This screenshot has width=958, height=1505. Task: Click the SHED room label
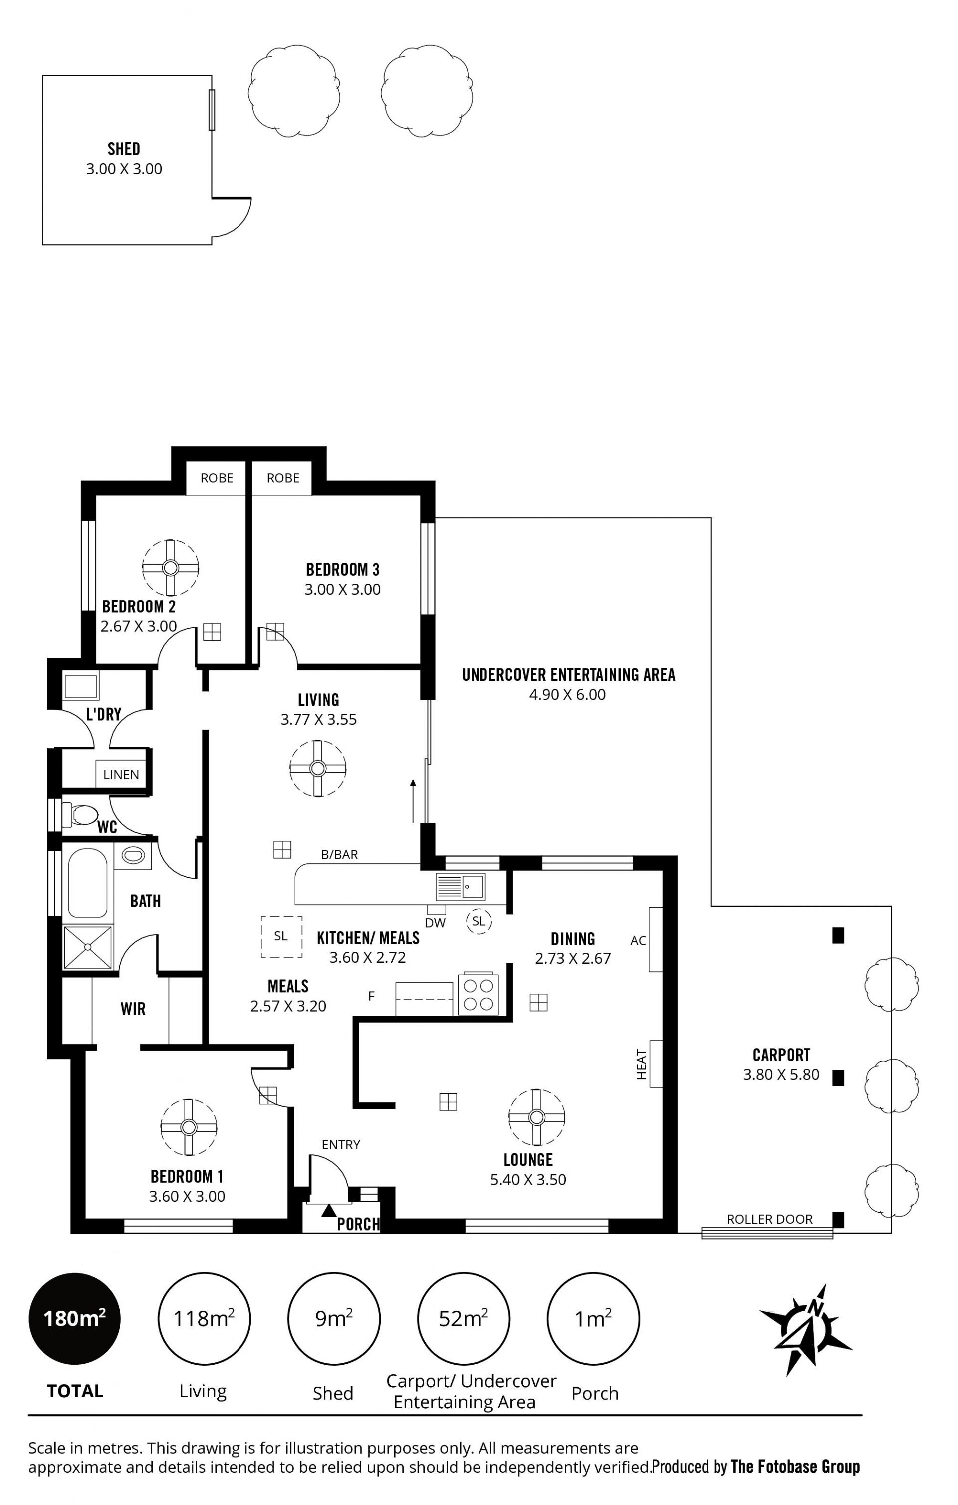click(x=124, y=149)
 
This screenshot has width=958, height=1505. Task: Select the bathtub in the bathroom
click(x=87, y=883)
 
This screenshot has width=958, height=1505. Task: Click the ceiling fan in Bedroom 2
click(x=170, y=568)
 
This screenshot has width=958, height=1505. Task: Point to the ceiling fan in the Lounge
click(x=536, y=1117)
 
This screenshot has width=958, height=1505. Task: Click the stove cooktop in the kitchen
click(x=478, y=994)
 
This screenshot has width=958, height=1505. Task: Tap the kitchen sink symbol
click(x=461, y=886)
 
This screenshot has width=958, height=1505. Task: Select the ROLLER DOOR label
click(x=770, y=1219)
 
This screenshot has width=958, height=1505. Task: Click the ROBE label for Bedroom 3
click(x=283, y=478)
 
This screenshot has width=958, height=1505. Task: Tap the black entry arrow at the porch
click(x=329, y=1210)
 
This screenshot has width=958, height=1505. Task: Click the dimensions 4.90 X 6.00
click(x=567, y=694)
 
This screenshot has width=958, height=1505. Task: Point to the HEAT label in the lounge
click(x=641, y=1064)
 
